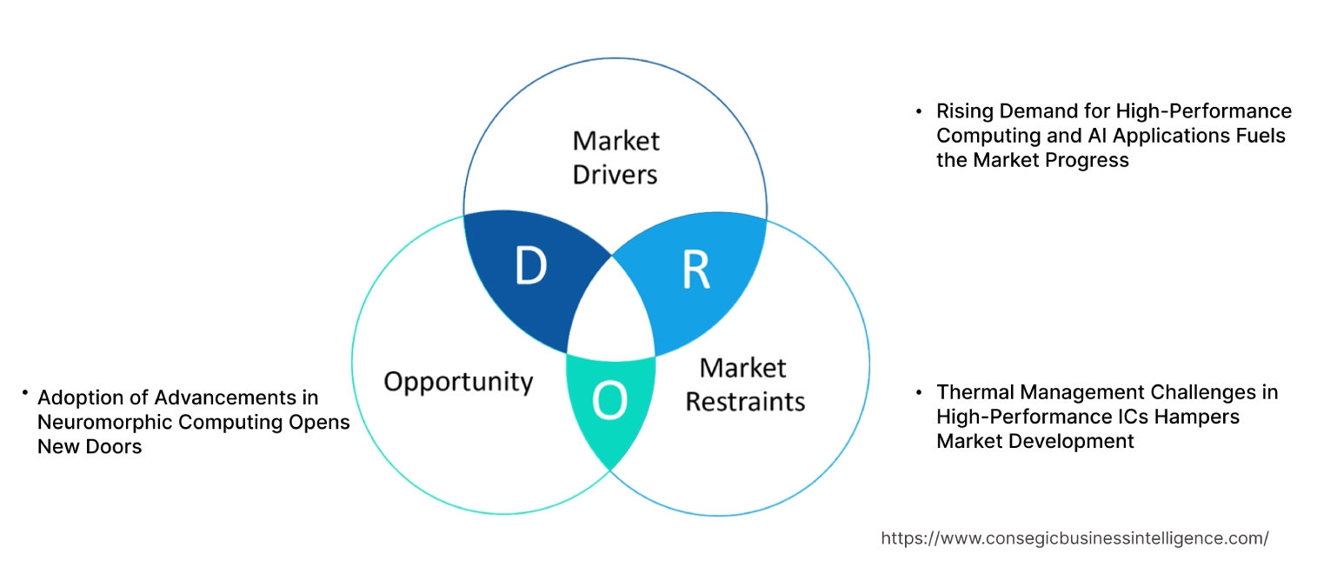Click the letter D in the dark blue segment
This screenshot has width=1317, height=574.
point(530,267)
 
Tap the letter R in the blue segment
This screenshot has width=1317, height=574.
point(695,270)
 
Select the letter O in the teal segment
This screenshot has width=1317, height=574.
point(609,401)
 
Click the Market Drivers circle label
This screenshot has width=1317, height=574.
point(615,157)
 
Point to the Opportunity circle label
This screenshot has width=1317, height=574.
point(458,381)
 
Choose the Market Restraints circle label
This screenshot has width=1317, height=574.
point(744,384)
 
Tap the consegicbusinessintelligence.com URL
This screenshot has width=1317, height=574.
point(1074,538)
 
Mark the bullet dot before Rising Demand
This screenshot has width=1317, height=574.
point(918,111)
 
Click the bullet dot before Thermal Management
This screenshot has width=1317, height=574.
point(918,392)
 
